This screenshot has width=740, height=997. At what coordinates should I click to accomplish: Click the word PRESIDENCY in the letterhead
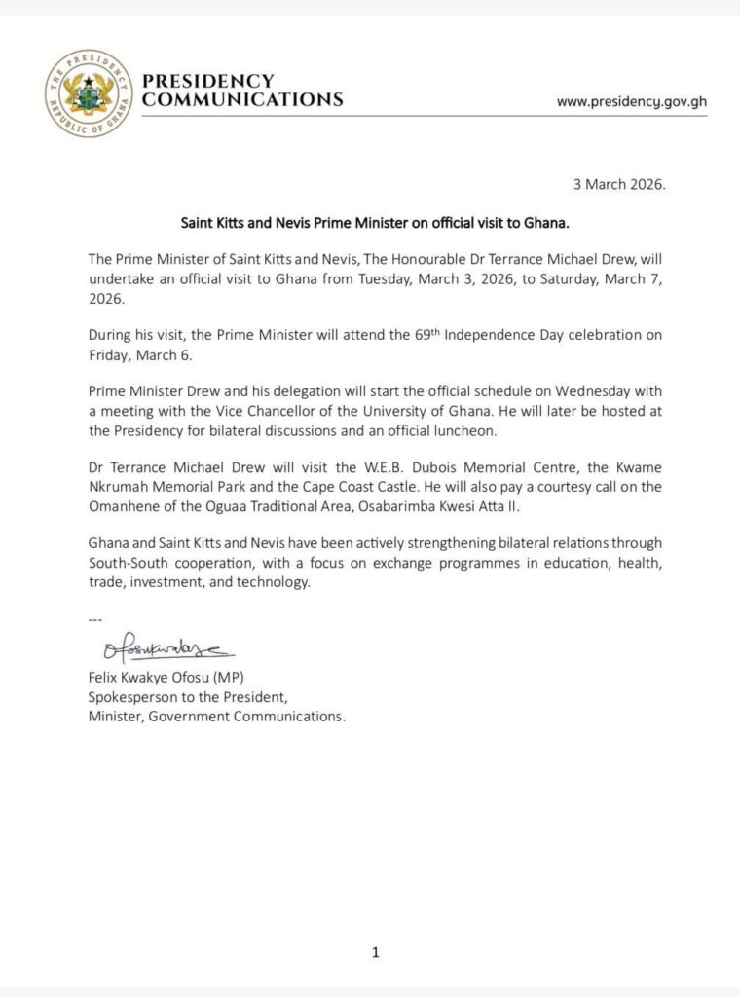coord(207,81)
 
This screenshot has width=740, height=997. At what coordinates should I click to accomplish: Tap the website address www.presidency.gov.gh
coord(631,101)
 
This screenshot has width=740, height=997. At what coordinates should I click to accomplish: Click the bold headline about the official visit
coord(374,222)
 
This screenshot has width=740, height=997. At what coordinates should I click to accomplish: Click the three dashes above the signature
coord(94,620)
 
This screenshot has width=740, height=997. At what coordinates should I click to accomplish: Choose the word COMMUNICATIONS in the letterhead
coord(242,99)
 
